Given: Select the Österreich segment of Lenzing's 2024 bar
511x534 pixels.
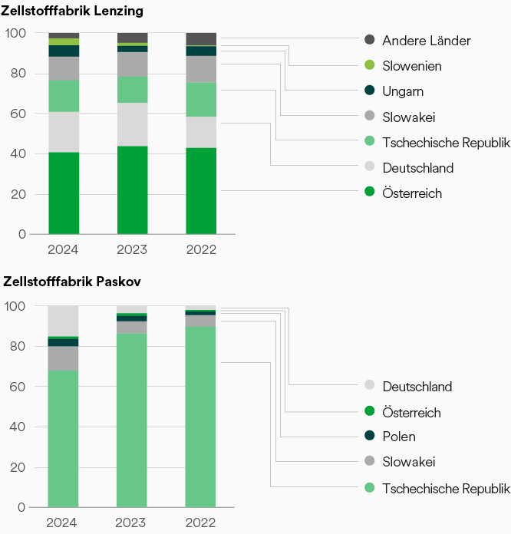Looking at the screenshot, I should click(x=64, y=193).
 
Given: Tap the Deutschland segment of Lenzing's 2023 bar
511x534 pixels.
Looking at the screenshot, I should click(x=132, y=124).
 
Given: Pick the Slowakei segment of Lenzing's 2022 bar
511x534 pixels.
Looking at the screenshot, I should click(x=201, y=69).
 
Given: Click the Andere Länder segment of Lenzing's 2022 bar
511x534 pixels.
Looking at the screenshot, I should click(x=201, y=39).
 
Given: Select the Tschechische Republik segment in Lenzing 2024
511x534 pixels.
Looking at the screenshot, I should click(x=64, y=96).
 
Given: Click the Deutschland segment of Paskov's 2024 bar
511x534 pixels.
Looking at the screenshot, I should click(x=64, y=321).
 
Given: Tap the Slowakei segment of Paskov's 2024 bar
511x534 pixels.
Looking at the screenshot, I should click(x=64, y=358).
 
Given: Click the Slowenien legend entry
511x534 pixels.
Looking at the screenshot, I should click(x=412, y=66).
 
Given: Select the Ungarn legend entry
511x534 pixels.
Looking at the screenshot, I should click(x=403, y=91).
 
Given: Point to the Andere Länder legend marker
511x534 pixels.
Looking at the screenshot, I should click(x=369, y=40).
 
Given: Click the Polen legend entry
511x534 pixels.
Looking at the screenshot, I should click(x=398, y=437).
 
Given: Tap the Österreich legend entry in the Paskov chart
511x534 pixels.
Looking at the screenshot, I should click(x=411, y=413).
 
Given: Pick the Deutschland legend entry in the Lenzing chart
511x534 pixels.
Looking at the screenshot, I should click(x=417, y=168).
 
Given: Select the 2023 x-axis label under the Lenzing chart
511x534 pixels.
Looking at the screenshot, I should click(x=132, y=249).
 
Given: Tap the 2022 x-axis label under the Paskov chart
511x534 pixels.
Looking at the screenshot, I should click(x=201, y=522).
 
